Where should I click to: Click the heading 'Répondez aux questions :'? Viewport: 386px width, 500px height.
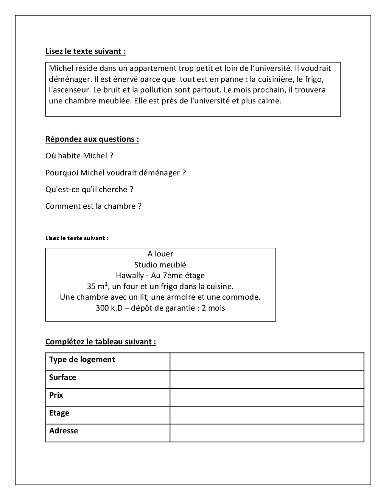pyautogui.click(x=92, y=139)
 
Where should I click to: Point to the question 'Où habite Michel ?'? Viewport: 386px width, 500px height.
pyautogui.click(x=79, y=156)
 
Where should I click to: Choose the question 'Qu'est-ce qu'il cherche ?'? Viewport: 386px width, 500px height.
pyautogui.click(x=89, y=189)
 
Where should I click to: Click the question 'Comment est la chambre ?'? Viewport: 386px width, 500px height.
pyautogui.click(x=93, y=206)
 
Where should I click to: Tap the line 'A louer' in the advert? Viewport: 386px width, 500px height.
pyautogui.click(x=160, y=254)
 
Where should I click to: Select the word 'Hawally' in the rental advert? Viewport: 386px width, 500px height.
pyautogui.click(x=130, y=275)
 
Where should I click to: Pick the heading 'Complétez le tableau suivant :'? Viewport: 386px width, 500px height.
pyautogui.click(x=101, y=342)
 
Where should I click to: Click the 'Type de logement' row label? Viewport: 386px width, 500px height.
pyautogui.click(x=82, y=359)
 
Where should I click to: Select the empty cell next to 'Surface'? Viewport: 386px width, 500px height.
pyautogui.click(x=267, y=380)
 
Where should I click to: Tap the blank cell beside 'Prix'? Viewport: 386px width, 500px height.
pyautogui.click(x=267, y=397)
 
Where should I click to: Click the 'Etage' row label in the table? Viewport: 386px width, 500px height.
pyautogui.click(x=59, y=413)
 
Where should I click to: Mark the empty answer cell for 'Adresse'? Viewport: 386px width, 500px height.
pyautogui.click(x=267, y=433)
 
